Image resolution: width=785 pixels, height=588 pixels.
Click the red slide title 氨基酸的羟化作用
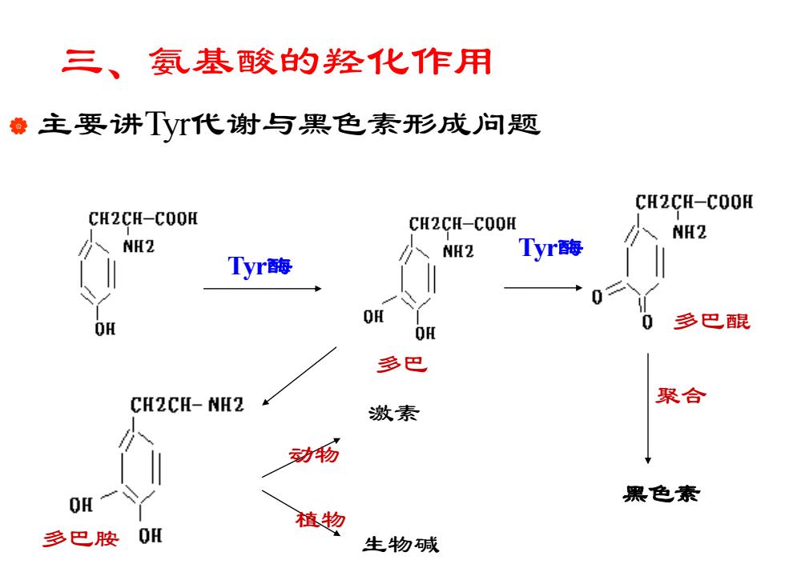click(320, 62)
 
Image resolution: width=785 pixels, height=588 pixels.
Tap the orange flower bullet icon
click(18, 126)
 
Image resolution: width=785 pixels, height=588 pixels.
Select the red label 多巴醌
click(711, 321)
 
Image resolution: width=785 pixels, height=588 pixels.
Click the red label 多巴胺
click(81, 538)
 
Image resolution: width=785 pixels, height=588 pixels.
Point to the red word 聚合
click(681, 395)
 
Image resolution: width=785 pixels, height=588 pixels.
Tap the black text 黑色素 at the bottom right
click(661, 494)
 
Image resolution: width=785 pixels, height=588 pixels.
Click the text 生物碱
click(401, 544)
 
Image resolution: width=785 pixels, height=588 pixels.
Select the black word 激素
click(393, 413)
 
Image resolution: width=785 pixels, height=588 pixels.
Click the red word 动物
click(314, 454)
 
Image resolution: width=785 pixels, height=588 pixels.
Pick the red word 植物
click(320, 519)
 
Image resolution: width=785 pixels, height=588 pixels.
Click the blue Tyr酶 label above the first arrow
click(260, 266)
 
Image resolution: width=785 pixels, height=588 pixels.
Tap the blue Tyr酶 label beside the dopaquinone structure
click(551, 247)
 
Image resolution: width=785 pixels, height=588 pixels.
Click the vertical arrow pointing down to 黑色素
click(648, 409)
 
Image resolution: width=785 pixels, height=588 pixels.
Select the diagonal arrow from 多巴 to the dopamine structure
click(300, 376)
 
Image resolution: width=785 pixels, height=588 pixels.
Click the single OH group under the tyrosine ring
click(105, 329)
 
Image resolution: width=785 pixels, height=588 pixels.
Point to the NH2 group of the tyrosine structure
click(139, 246)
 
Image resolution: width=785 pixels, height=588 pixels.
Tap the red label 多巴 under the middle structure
click(402, 364)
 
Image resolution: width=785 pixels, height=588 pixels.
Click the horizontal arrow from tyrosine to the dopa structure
click(263, 289)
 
